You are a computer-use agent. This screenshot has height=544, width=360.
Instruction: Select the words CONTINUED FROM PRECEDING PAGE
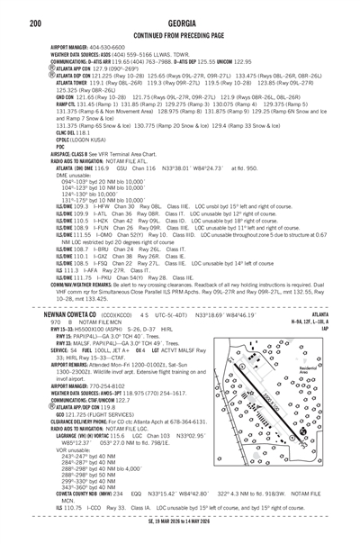[x=179, y=34]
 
